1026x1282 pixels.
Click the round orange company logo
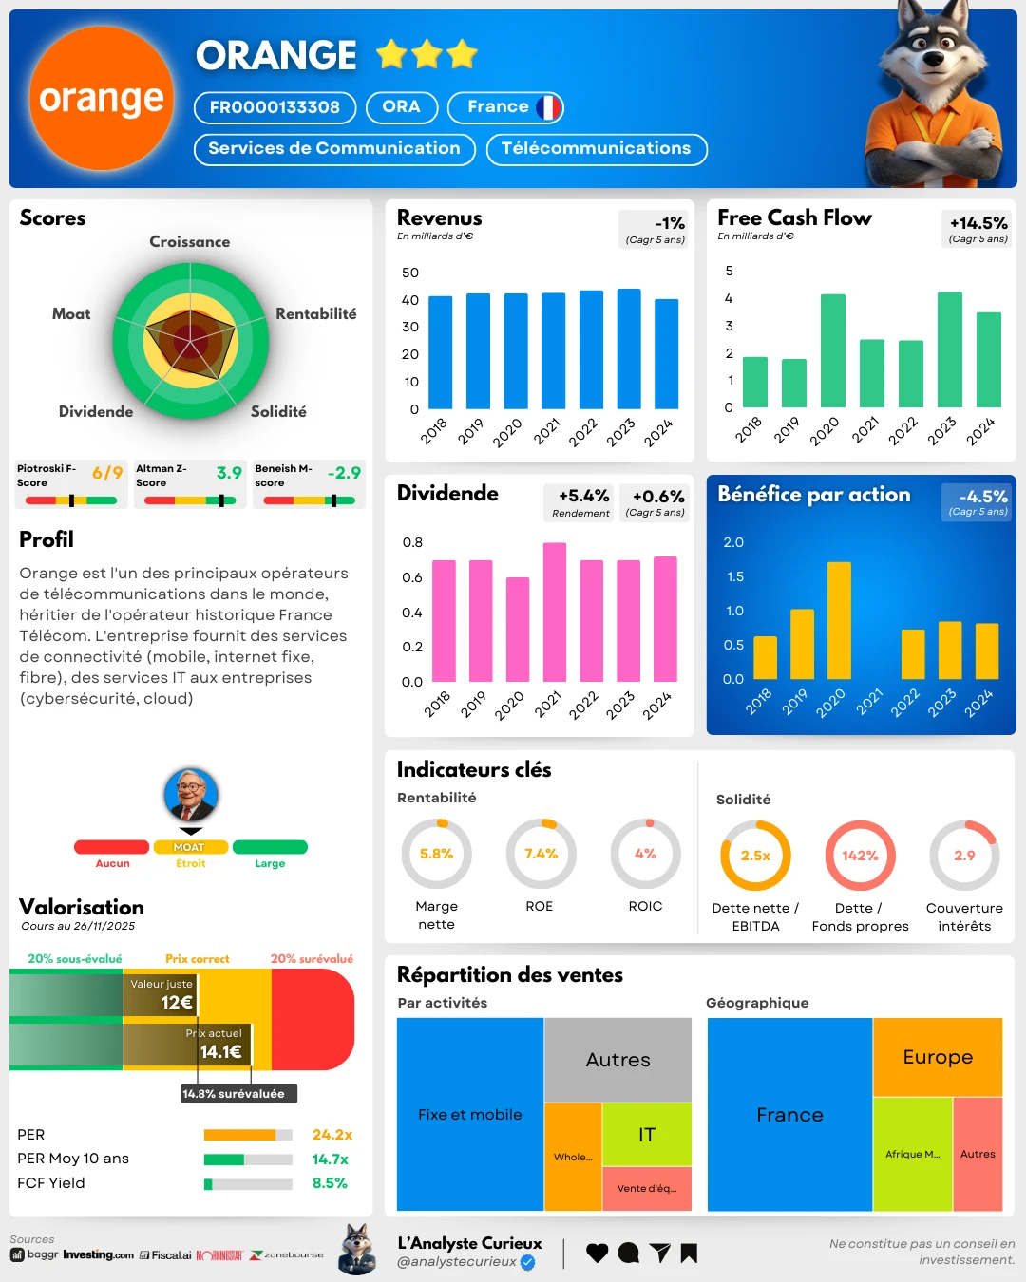[101, 98]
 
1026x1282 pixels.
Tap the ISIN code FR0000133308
[275, 107]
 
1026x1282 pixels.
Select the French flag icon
[548, 107]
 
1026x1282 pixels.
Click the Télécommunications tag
[596, 149]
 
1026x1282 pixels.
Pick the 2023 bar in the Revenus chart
[629, 349]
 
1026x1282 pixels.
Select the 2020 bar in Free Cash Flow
[833, 350]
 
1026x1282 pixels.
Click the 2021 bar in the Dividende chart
[555, 612]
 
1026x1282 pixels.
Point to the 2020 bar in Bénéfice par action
[839, 620]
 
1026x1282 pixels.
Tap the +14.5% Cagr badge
[978, 228]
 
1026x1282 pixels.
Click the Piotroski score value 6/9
[107, 473]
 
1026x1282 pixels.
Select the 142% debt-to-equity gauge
[860, 856]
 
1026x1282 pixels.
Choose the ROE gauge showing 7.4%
[541, 854]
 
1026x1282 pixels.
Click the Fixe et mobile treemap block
[469, 1114]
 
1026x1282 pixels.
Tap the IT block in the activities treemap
[647, 1134]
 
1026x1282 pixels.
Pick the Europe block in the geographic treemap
[938, 1057]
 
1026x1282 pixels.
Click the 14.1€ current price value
[220, 1051]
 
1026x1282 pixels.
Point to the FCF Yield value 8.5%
[330, 1183]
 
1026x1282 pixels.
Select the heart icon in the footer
[597, 1253]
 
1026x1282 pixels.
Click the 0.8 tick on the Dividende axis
[412, 542]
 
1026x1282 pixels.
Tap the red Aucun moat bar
[112, 847]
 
